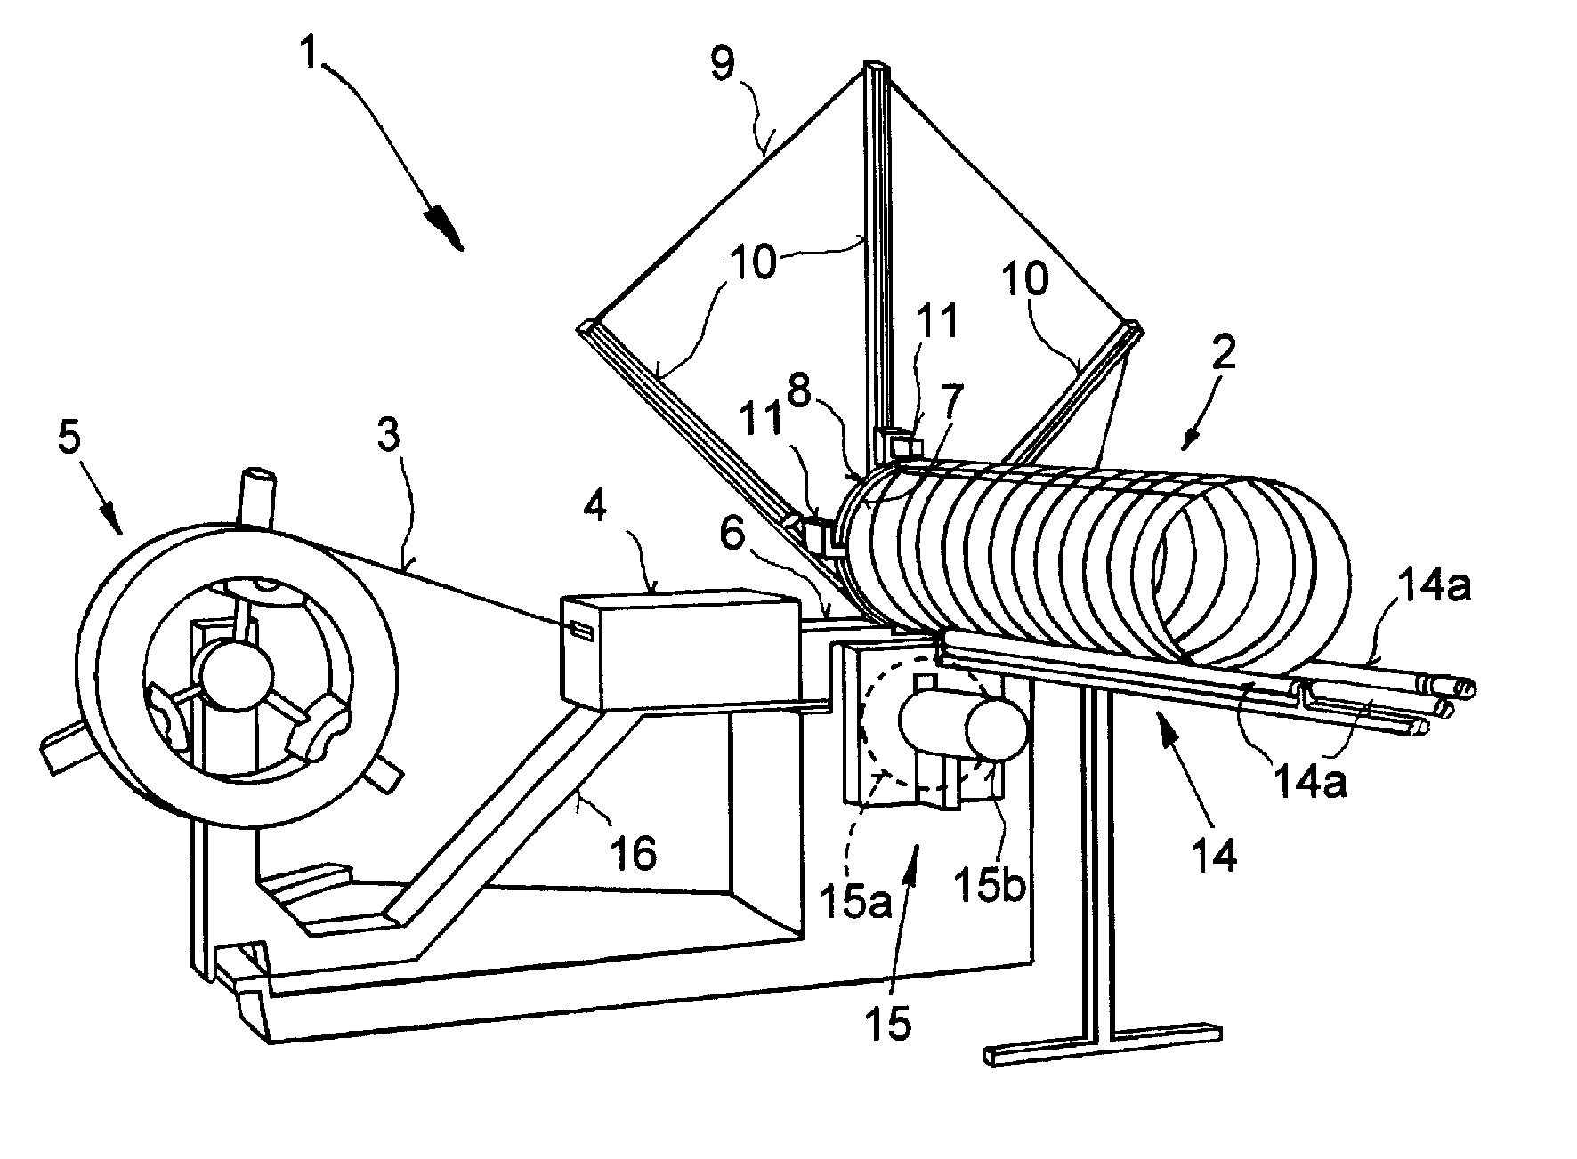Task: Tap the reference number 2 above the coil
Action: pyautogui.click(x=1224, y=356)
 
